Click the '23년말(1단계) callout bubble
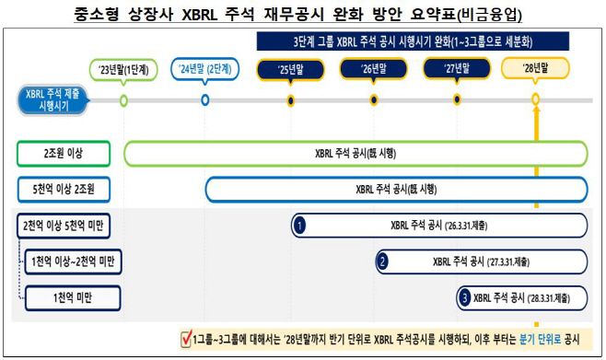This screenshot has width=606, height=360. pos(123,70)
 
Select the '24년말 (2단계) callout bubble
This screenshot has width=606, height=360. pos(204,69)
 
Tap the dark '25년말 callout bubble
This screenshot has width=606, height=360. pos(290,70)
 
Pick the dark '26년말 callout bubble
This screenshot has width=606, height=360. pos(373,69)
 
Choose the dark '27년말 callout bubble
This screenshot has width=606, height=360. pos(457,69)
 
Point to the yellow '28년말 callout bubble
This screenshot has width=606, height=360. pos(535,68)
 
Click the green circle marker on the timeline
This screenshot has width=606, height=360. pos(123,100)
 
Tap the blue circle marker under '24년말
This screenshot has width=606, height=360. pos(205,100)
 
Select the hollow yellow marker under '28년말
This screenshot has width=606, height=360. pos(535,99)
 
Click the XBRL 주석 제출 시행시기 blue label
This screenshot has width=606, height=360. pos(53,100)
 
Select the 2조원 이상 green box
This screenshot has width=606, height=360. pos(64,154)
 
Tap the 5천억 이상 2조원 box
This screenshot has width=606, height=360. pos(64,190)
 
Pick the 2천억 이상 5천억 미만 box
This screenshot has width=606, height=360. pos(64,226)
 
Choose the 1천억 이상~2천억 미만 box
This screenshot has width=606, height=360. pos(73,261)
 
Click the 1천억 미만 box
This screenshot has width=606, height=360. pos(73,297)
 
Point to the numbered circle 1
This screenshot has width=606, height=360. pos(299,226)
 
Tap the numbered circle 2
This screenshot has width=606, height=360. pos(382,261)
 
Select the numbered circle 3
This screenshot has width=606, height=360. pos(464,297)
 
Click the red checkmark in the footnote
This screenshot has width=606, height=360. pos(187,339)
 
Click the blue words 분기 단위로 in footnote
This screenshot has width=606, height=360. pos(540,340)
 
